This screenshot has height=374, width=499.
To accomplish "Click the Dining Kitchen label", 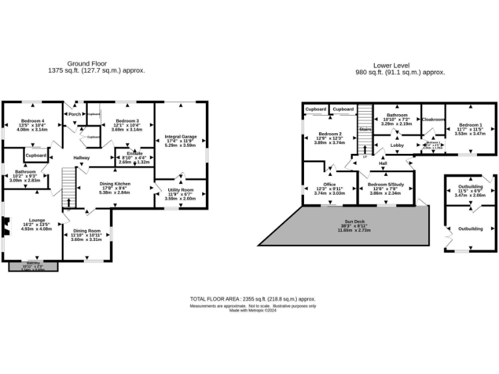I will pyautogui.click(x=114, y=184).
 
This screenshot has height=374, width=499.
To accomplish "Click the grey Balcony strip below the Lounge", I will pyautogui.click(x=33, y=266).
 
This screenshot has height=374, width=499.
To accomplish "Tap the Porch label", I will pyautogui.click(x=75, y=114).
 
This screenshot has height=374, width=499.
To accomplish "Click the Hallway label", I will pyautogui.click(x=81, y=158).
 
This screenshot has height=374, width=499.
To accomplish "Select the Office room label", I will pyautogui.click(x=320, y=184).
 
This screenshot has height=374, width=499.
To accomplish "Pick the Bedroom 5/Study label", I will pyautogui.click(x=386, y=184).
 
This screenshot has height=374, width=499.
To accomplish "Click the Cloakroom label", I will pyautogui.click(x=433, y=119).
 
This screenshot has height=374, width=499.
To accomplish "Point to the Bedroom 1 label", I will pyautogui.click(x=470, y=125).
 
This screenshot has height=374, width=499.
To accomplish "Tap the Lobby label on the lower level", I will pyautogui.click(x=397, y=145).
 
